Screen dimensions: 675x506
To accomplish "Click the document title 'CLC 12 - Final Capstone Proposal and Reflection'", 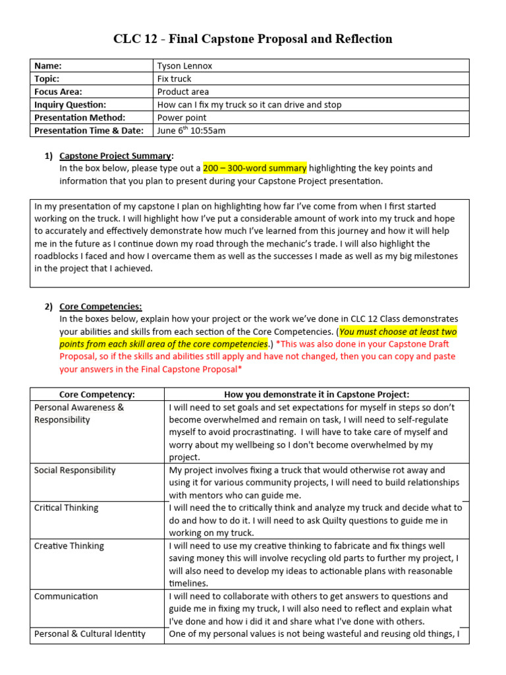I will (x=253, y=39).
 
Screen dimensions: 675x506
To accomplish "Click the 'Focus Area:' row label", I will (x=58, y=92).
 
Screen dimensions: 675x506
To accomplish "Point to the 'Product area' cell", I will (x=183, y=92).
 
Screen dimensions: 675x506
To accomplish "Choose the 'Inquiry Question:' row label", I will (x=70, y=104).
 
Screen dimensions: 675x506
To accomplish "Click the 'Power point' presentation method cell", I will (x=182, y=117).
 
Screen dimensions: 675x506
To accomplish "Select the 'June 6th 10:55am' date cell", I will (x=191, y=131).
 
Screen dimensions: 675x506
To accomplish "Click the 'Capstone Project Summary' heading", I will (x=115, y=156).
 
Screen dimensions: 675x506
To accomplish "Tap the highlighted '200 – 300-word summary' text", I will (x=254, y=169).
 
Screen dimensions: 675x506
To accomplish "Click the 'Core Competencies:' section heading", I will (x=100, y=307).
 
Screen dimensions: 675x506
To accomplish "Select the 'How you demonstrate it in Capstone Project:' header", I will (x=317, y=394).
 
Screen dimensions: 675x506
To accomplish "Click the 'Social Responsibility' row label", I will (x=74, y=470).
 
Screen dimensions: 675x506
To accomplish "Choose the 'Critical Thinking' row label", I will (x=66, y=508).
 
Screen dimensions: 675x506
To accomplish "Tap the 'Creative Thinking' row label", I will (x=69, y=546).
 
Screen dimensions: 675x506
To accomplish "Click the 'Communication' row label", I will (x=66, y=596).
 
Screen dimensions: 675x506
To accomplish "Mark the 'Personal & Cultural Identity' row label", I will (x=90, y=633).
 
